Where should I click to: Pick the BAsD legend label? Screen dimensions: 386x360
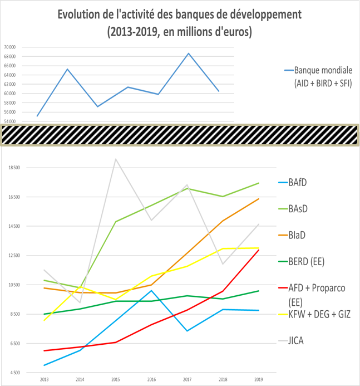(299, 208)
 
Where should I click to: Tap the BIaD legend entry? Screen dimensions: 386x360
(298, 235)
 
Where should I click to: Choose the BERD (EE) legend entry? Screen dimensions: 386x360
(306, 261)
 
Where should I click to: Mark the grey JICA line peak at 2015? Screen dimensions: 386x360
(115, 159)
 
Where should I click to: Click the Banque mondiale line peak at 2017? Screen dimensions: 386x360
(189, 53)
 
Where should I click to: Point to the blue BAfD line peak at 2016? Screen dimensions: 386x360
(151, 291)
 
